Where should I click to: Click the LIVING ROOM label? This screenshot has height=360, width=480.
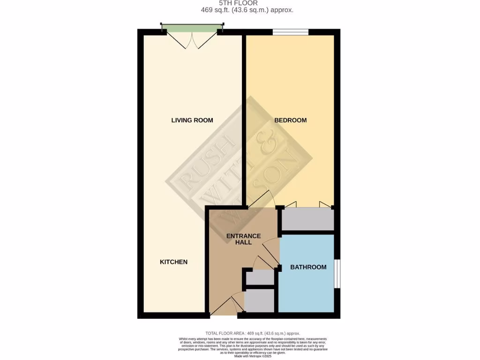192,120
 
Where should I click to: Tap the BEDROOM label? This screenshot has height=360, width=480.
291,120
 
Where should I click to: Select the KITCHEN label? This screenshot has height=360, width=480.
174,262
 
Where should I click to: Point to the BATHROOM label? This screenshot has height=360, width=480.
308,267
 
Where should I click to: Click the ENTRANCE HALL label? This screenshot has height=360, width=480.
243,239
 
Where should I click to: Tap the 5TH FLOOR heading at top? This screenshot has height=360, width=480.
240,3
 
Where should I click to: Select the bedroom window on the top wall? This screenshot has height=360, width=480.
291,32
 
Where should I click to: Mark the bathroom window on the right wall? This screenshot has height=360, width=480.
337,273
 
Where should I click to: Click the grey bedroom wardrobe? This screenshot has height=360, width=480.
307,219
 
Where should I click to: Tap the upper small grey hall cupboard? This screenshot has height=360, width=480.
260,277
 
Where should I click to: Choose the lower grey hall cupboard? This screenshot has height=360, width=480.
260,301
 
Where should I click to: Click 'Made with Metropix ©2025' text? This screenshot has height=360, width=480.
253,357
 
